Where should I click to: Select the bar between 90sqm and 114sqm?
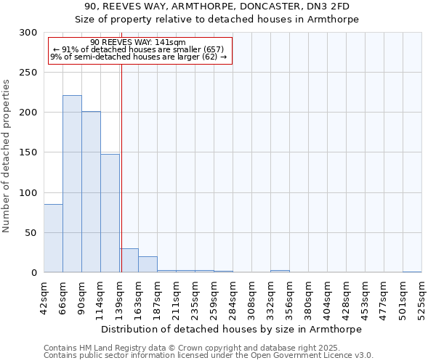pyautogui.click(x=91, y=192)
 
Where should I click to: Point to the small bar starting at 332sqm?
pyautogui.click(x=280, y=271)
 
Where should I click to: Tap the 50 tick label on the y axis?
pyautogui.click(x=31, y=233)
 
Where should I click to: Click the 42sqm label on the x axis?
pyautogui.click(x=44, y=296)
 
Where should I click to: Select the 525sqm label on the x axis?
pyautogui.click(x=421, y=296)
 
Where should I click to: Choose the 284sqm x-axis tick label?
pyautogui.click(x=233, y=296)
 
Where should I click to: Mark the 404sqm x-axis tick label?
pyautogui.click(x=327, y=296)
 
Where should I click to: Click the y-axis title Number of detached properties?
pyautogui.click(x=7, y=156)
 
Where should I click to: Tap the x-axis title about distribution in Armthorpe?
pyautogui.click(x=233, y=329)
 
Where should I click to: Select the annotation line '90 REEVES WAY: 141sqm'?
pyautogui.click(x=139, y=42)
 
